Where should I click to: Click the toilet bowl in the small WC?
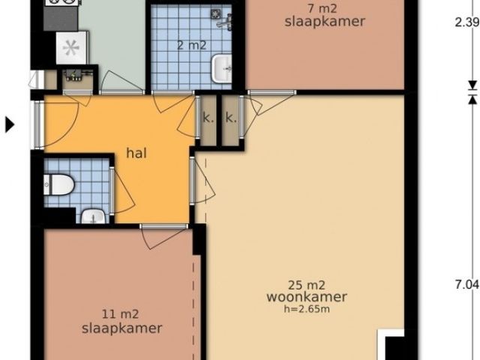[x=61, y=182]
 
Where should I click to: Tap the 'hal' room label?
[x=136, y=153]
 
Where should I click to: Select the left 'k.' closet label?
[x=206, y=118]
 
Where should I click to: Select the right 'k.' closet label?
[x=231, y=118]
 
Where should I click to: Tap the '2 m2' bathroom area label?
[x=191, y=45]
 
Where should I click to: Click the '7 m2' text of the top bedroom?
[x=325, y=8]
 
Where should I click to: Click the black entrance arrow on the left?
[x=10, y=124]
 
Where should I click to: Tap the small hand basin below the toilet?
[x=92, y=217]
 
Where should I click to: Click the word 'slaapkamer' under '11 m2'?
[x=121, y=328]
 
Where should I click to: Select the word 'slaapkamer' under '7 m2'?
[x=325, y=22]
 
